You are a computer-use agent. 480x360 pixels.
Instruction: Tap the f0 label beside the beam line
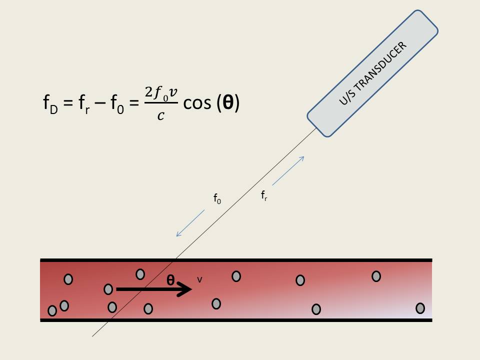[x=217, y=199]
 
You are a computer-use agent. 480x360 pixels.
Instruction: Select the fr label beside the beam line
[x=264, y=196]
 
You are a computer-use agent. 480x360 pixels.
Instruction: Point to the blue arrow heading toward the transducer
[x=288, y=171]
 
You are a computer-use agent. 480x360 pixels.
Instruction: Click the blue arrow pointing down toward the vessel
[x=190, y=223]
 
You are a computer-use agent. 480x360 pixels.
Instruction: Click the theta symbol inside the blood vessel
[x=170, y=280]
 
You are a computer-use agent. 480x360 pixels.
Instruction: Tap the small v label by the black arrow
[x=199, y=279]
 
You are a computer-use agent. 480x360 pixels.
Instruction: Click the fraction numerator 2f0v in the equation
[x=160, y=93]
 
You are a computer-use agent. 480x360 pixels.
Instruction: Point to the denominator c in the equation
[x=160, y=116]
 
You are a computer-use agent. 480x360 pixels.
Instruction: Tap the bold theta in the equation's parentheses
[x=228, y=103]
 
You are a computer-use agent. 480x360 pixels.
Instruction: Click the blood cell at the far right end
[x=420, y=308]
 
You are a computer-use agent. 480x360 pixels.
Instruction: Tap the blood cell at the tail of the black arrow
[x=108, y=289]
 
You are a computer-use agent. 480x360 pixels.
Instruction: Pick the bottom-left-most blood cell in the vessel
[x=52, y=311]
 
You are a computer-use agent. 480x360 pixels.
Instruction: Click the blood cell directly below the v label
[x=216, y=303]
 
